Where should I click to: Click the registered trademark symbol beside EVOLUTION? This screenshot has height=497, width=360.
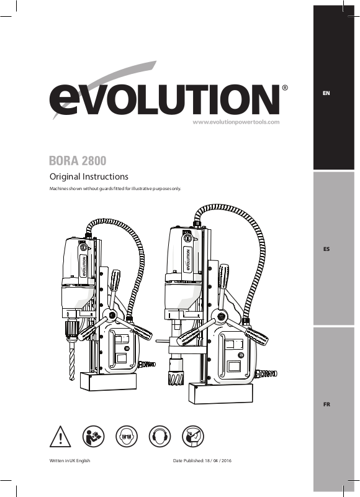tap(285, 88)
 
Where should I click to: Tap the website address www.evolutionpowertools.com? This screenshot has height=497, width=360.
tap(236, 122)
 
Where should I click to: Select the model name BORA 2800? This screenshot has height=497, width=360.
tap(78, 161)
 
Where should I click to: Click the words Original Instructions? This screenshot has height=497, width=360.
tap(89, 176)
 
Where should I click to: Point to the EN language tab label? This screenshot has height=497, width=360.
tap(326, 93)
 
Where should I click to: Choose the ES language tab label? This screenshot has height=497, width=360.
tap(326, 249)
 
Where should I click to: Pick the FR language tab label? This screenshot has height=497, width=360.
tap(326, 404)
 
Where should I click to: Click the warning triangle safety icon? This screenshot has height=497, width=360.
tap(60, 437)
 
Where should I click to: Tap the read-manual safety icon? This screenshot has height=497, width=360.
tap(93, 437)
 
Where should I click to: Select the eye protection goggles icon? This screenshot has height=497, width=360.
tap(127, 437)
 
